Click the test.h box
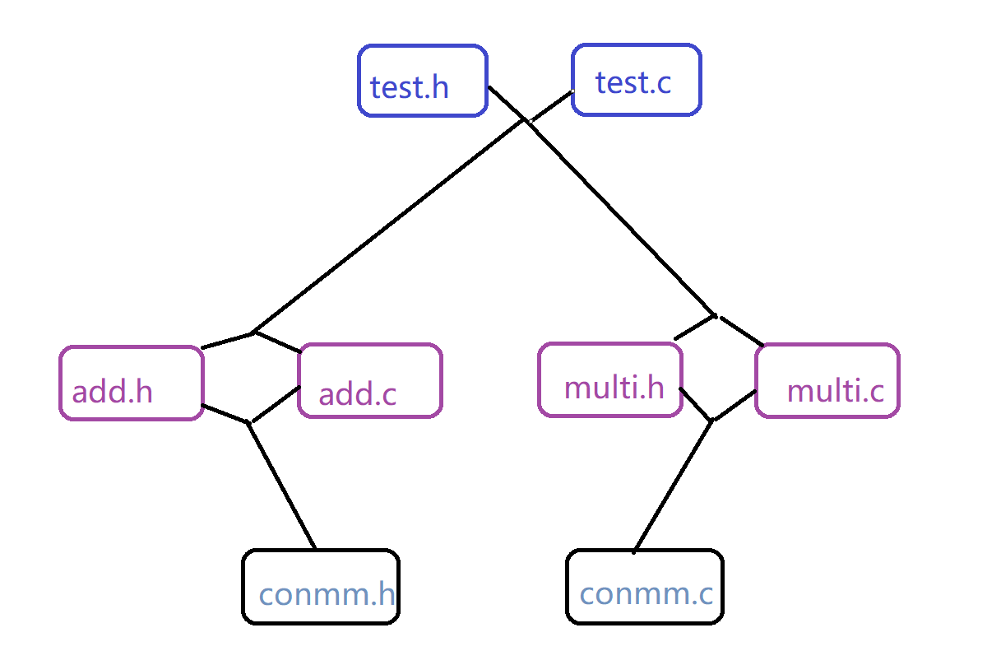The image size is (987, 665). point(423,81)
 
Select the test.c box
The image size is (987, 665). point(636,80)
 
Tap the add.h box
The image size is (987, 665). point(131,383)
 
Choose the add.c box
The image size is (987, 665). point(369,381)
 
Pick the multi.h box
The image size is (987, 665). point(609,379)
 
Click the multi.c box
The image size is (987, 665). point(827,380)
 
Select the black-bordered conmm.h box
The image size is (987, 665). point(321,586)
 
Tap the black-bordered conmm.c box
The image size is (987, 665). point(645,586)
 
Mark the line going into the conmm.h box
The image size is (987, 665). point(282,486)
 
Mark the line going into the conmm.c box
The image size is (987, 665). point(673,486)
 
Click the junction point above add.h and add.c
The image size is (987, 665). point(253,332)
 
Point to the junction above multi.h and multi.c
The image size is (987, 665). point(715,315)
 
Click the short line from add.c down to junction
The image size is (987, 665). point(275,404)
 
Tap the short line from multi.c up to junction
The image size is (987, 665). point(739,330)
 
